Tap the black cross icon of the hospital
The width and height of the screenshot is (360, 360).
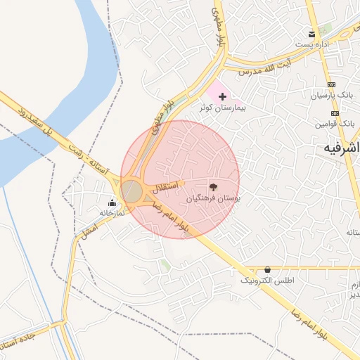point(223,96)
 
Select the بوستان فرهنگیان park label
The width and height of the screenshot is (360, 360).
point(213,200)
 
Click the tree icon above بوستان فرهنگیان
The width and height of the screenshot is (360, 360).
point(214,188)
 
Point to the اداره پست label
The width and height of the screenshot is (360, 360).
point(312,45)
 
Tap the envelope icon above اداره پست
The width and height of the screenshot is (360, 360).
point(311,34)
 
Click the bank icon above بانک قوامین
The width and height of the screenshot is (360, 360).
point(335,113)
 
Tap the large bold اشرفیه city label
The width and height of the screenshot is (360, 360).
point(341,148)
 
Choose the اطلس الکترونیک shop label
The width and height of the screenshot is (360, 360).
point(267,281)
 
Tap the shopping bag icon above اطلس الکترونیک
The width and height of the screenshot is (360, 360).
point(267,269)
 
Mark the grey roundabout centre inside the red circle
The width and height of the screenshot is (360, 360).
point(131,191)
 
